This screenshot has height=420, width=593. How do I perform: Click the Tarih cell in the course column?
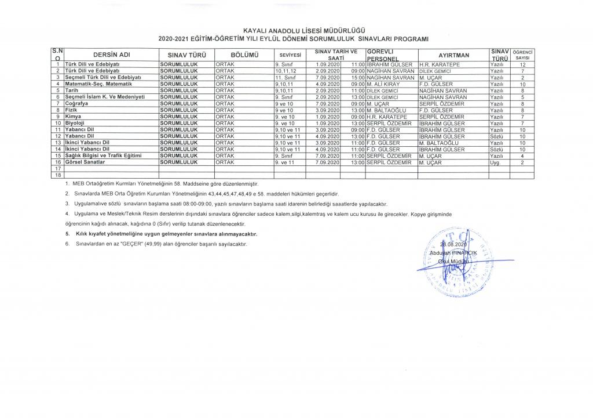[72, 90]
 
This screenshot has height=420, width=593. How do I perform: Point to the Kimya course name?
[74, 117]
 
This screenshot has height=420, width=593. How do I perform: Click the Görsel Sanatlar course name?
[85, 162]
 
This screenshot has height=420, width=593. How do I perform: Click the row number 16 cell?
[58, 162]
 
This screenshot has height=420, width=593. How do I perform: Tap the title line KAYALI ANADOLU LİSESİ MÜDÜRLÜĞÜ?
[296, 30]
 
